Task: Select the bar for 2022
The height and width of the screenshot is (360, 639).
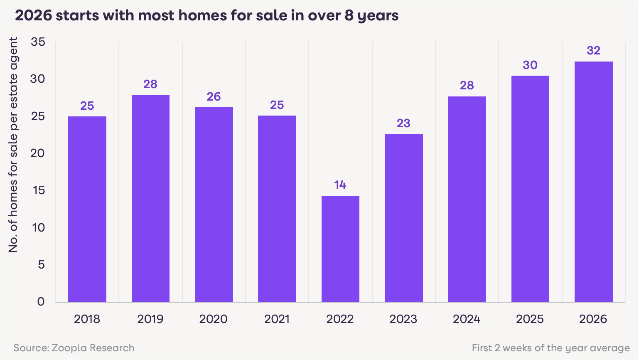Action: (x=340, y=249)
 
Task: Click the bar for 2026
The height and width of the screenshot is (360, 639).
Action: (x=593, y=182)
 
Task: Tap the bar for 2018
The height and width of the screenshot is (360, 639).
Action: (x=87, y=209)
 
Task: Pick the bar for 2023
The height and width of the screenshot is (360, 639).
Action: (x=403, y=218)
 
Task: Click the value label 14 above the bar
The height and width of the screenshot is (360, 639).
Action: (x=340, y=185)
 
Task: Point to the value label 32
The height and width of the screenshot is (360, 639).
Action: (x=593, y=51)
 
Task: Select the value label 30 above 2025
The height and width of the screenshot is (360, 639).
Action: (x=530, y=65)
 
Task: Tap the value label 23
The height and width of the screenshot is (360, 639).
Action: (x=403, y=123)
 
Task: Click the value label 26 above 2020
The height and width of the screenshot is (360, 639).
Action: (x=214, y=97)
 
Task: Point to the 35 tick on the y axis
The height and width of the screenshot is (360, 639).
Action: (x=38, y=42)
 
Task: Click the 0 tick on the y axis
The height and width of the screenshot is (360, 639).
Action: (x=41, y=302)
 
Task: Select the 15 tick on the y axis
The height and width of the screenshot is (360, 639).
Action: (x=38, y=190)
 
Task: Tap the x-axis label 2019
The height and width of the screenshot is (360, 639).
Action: (x=150, y=319)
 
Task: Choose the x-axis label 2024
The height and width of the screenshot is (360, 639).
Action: (x=467, y=319)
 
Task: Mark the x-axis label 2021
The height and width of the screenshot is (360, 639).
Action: (x=277, y=319)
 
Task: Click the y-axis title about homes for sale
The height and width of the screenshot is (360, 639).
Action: (x=14, y=145)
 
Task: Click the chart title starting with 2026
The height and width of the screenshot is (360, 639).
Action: (x=206, y=16)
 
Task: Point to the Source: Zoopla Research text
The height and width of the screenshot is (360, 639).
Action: (x=74, y=348)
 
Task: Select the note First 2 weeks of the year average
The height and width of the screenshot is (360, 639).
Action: (x=551, y=348)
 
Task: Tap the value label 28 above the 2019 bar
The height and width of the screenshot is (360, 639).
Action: (x=150, y=84)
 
